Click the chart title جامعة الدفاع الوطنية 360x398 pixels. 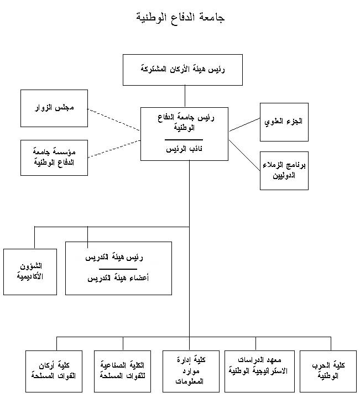180,17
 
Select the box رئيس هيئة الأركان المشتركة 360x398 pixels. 182,70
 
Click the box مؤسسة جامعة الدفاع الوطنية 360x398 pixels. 54,158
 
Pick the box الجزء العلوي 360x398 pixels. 284,120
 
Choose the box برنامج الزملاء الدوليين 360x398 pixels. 284,170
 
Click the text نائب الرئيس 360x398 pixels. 184,149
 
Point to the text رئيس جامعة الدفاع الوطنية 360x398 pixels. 184,122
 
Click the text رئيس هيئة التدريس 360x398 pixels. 118,258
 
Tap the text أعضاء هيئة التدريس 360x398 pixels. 118,278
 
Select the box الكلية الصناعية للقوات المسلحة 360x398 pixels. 123,370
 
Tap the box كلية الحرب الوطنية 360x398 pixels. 328,370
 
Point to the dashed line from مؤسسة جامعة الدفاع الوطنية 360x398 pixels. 113,148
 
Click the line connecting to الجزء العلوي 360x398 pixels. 244,124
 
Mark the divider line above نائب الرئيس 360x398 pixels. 184,140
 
